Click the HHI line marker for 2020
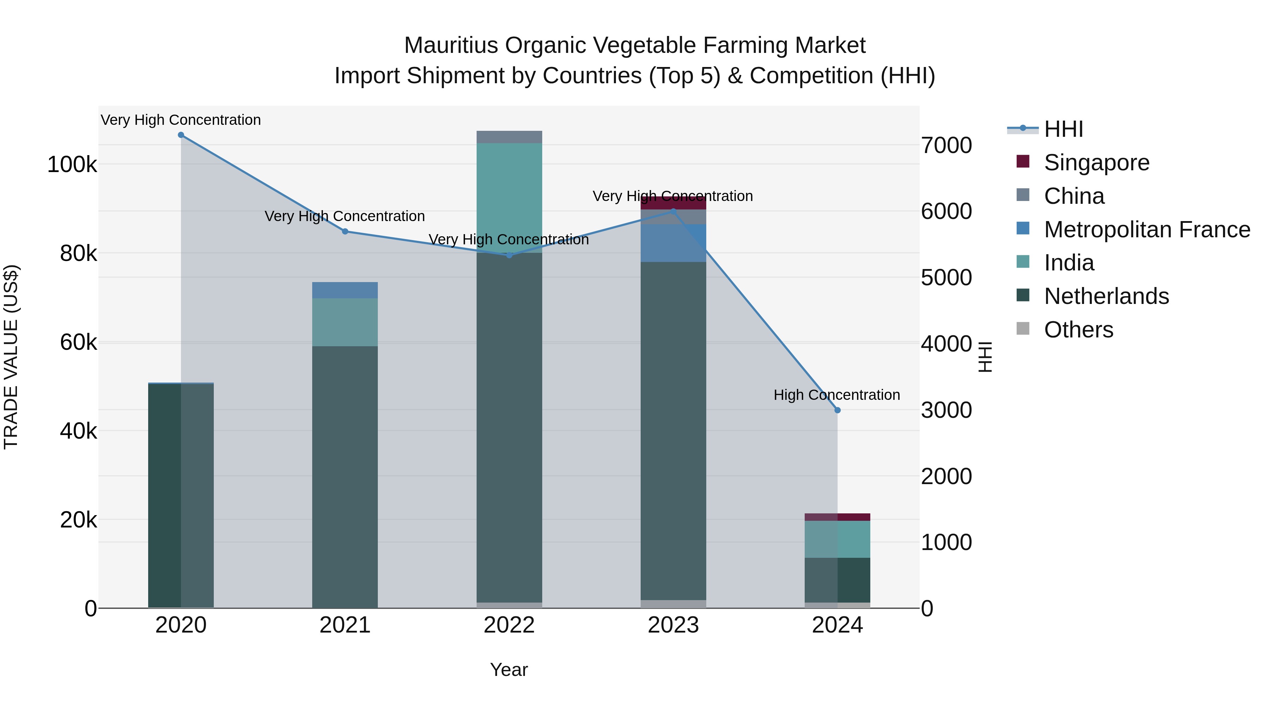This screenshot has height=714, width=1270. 181,135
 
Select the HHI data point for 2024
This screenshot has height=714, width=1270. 837,410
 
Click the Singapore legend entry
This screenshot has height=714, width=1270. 1096,163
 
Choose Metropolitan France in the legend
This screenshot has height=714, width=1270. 1147,230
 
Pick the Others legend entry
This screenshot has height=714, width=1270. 1078,330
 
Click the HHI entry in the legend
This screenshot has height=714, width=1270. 1063,129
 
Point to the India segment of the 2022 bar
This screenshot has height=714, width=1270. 509,197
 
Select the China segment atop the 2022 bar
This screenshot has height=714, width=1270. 509,137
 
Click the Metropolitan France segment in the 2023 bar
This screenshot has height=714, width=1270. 673,243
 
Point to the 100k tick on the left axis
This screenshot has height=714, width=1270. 72,165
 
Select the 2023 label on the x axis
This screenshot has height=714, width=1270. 673,625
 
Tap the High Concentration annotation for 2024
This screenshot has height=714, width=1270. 837,395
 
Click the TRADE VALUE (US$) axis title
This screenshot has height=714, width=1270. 11,357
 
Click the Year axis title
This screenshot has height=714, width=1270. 509,670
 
